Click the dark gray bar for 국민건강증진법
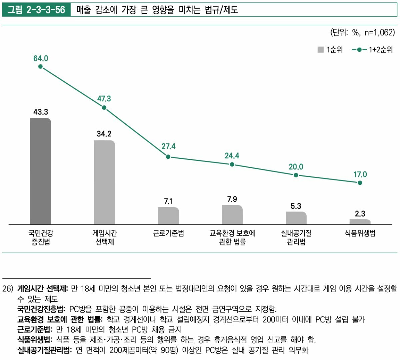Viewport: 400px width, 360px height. pos(40,171)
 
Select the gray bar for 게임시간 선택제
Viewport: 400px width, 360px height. pos(104,182)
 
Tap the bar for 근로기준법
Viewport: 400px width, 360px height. pos(168,216)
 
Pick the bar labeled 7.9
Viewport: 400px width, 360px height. pos(232,215)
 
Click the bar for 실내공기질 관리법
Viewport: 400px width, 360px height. pos(296,218)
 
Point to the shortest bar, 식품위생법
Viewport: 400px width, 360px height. pos(360,222)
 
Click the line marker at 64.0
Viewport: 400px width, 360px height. pos(40,66)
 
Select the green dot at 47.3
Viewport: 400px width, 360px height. pos(104,107)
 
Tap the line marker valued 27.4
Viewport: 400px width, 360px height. pos(168,156)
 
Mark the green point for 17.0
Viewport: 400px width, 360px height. pos(360,183)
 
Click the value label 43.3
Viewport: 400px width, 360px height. pos(41,112)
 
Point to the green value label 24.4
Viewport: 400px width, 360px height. pos(232,156)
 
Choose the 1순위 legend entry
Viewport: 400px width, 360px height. pos(330,50)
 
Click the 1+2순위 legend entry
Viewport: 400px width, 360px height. pos(372,50)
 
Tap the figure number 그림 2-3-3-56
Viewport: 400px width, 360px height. pos(36,10)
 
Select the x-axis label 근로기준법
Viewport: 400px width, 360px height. pos(168,233)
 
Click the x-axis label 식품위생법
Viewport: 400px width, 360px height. pos(360,233)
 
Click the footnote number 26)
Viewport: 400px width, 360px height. pos(8,289)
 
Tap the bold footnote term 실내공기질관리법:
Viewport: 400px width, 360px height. pos(45,350)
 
